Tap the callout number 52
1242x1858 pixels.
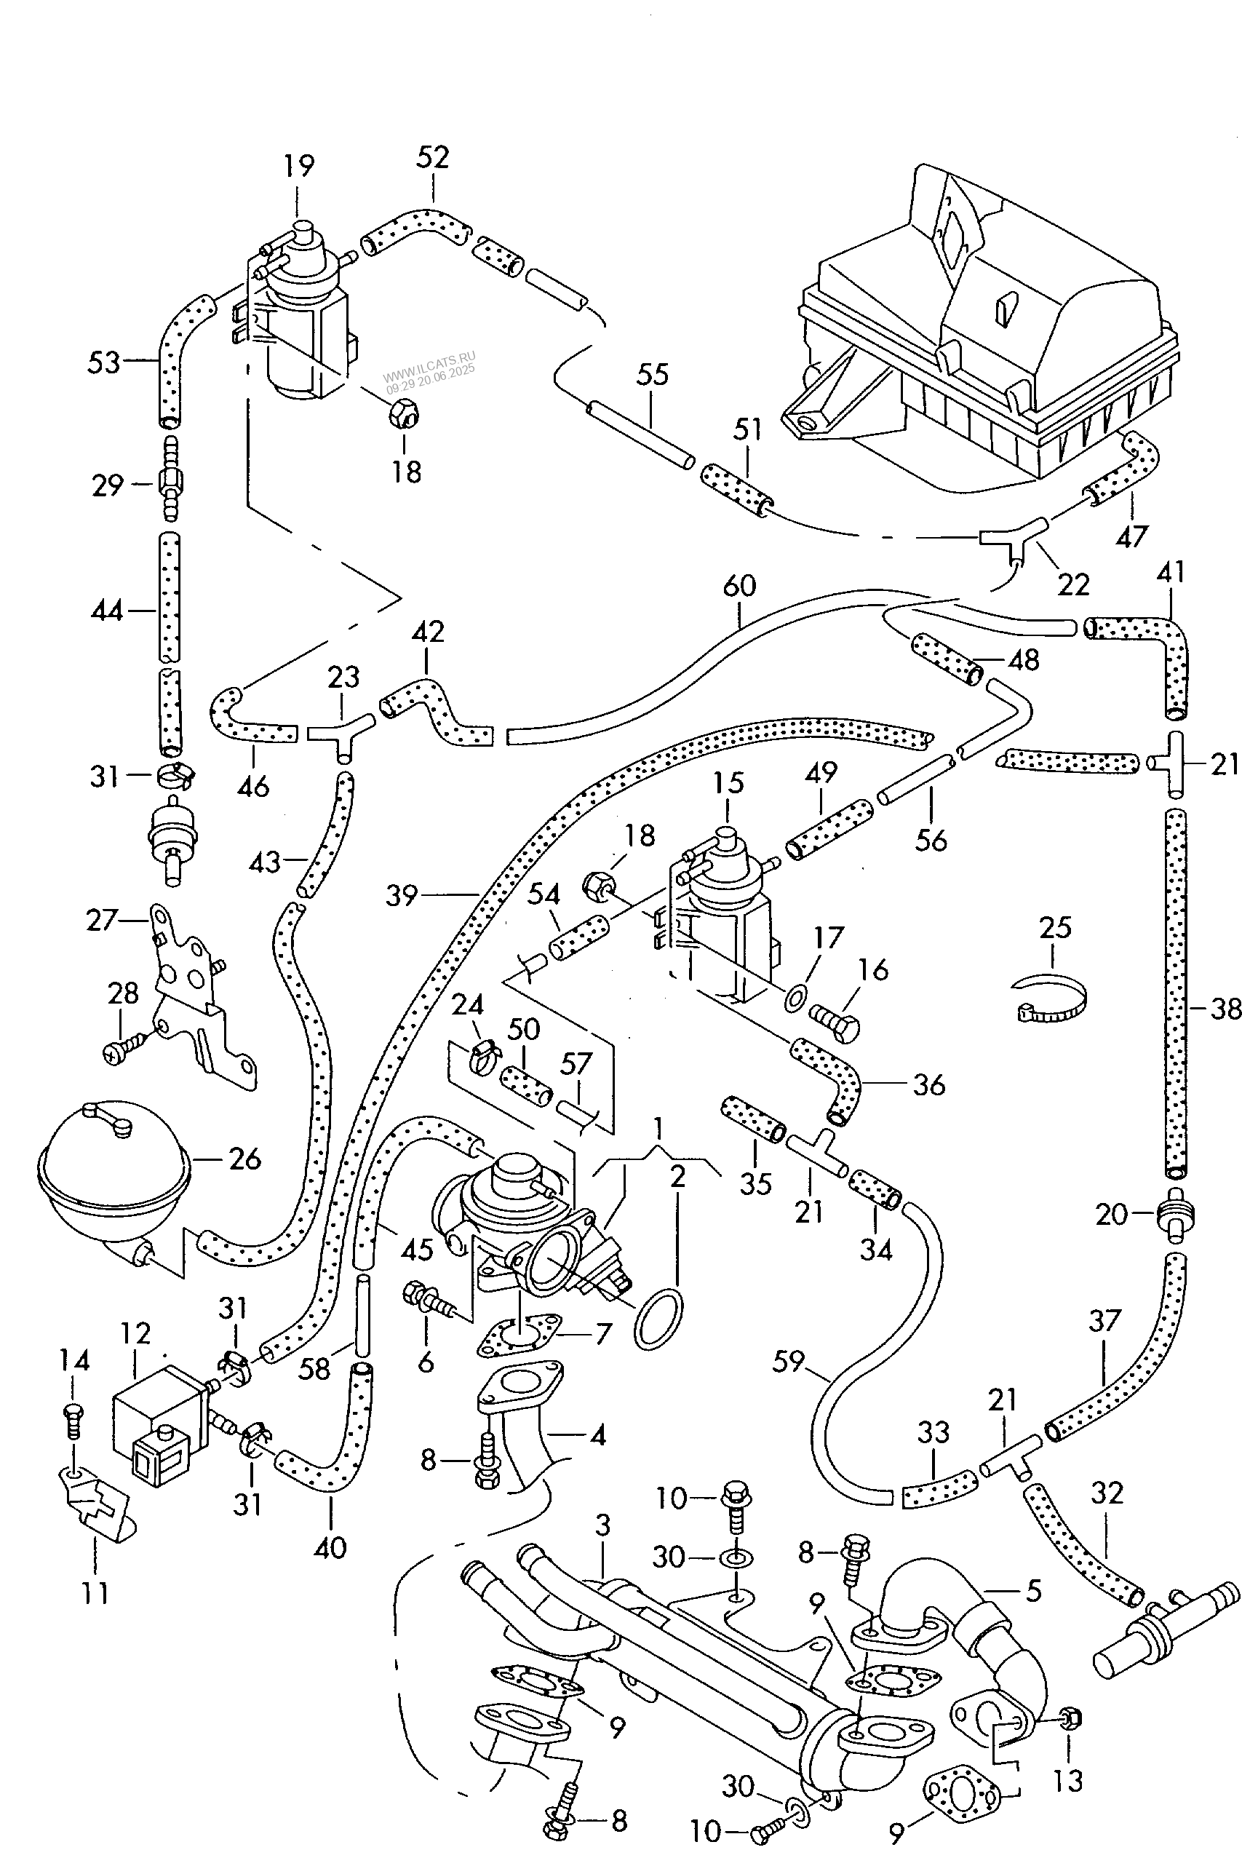coord(432,157)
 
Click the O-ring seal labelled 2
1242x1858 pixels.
coord(658,1319)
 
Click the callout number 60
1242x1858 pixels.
coord(740,587)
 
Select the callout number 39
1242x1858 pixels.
coord(402,895)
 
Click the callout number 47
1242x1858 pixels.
coord(1131,536)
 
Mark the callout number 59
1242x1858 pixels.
coord(788,1361)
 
